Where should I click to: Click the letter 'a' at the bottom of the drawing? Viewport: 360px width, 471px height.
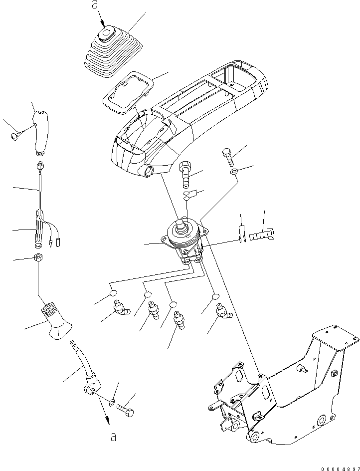(114, 438)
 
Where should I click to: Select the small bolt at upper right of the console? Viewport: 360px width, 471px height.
(227, 156)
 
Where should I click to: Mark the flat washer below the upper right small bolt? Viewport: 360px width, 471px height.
(233, 173)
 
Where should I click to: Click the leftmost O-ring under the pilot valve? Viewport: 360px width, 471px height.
(113, 293)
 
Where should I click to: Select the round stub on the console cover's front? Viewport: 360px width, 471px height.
(148, 173)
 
